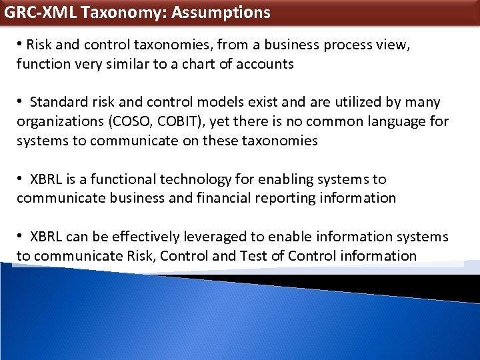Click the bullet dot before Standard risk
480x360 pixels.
coord(21,102)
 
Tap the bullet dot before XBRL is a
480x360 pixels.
coord(21,179)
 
